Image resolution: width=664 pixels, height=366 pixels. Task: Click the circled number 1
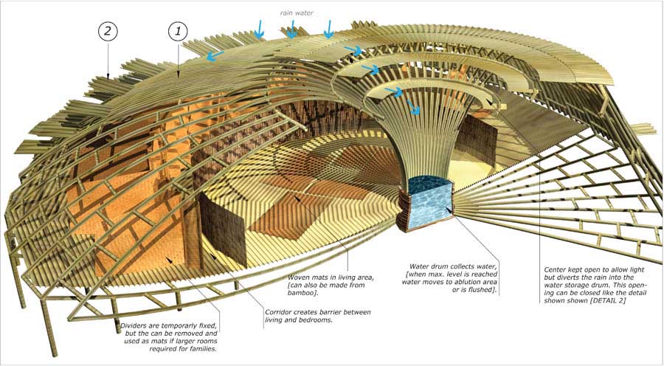pos(178,32)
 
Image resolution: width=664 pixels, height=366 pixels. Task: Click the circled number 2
pos(108,32)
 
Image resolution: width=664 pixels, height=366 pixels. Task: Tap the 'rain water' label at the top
pos(297,13)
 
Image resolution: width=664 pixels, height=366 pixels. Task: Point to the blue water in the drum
pos(428,204)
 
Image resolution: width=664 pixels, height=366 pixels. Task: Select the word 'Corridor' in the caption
pos(278,312)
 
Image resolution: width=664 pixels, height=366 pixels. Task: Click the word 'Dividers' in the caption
pos(134,326)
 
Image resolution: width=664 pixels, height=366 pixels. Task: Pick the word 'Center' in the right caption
pos(555,270)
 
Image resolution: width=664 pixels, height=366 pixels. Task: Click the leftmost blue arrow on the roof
pos(215,56)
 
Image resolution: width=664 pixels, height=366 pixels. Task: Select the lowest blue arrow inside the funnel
pos(414,108)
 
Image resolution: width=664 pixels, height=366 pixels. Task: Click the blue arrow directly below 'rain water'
pos(291,29)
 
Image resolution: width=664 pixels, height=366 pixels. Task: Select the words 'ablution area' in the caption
pos(477,282)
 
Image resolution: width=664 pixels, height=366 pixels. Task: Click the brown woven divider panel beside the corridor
pos(222,229)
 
